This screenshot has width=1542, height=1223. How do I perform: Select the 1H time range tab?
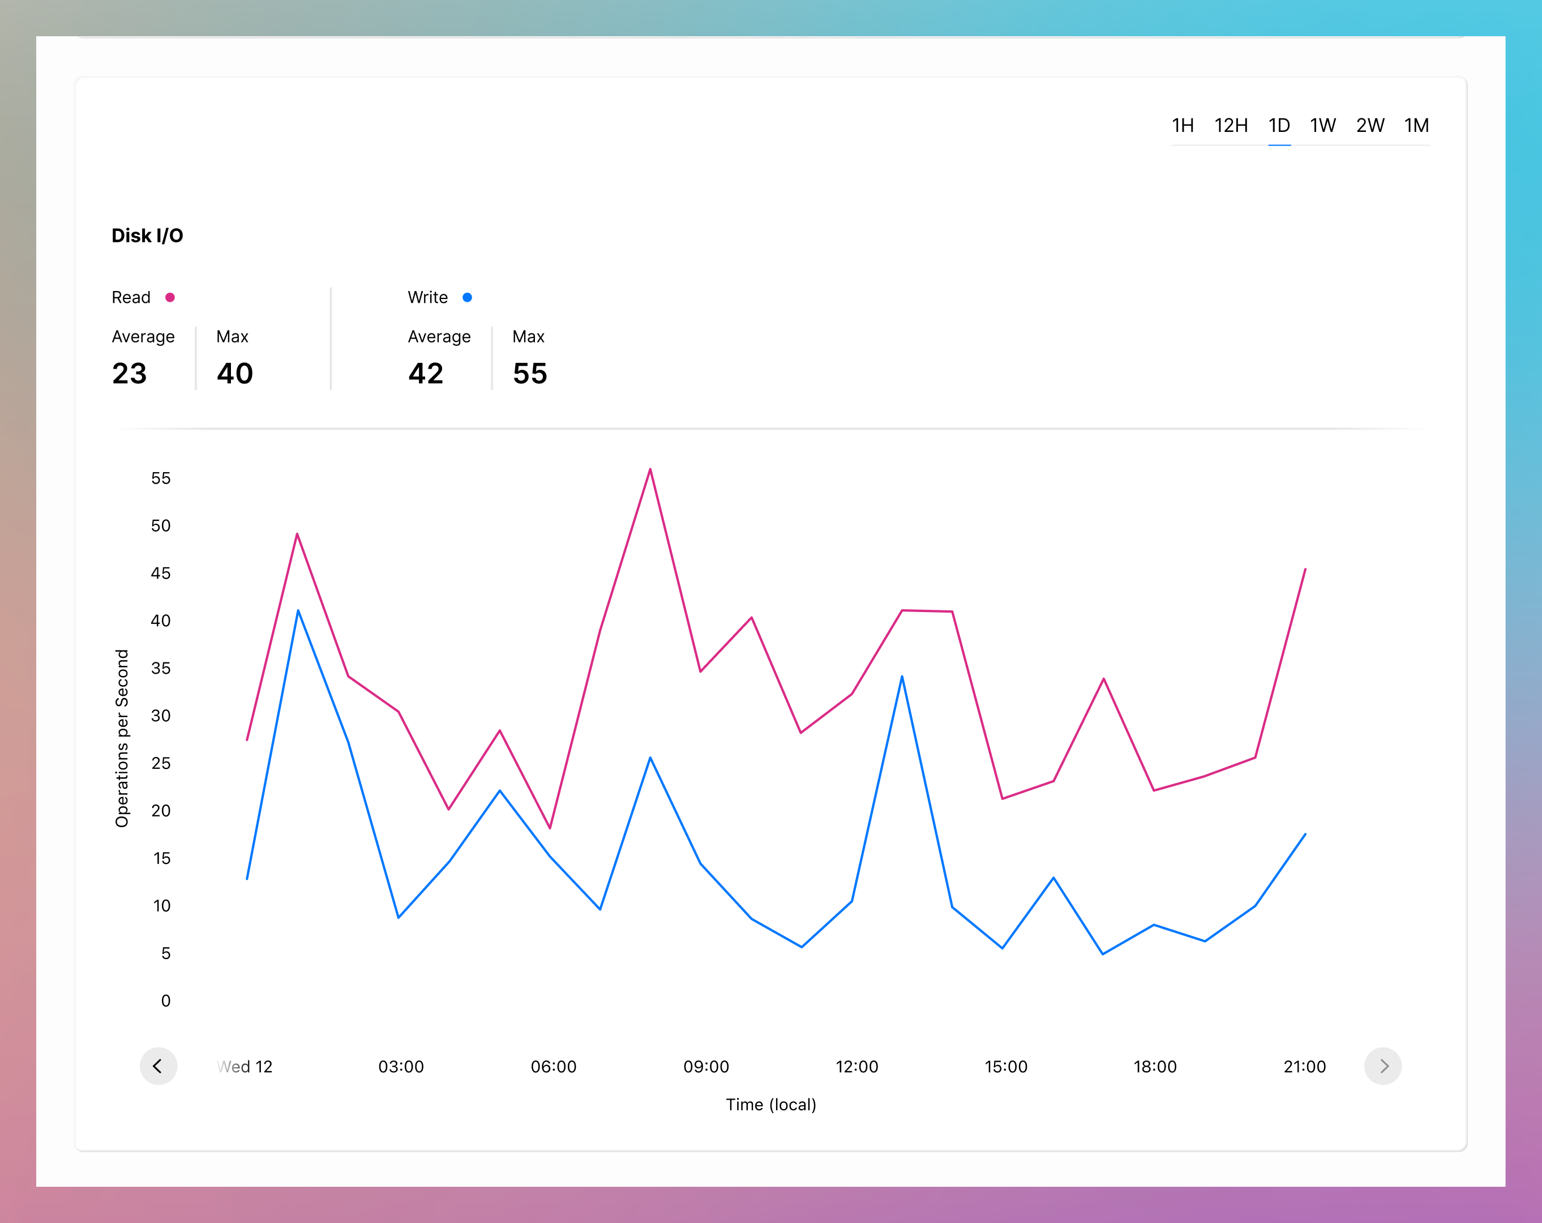(x=1182, y=126)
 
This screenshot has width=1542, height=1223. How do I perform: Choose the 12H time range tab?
(x=1231, y=126)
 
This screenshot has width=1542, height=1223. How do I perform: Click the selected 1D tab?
(x=1279, y=126)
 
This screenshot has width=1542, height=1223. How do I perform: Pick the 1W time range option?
(x=1322, y=126)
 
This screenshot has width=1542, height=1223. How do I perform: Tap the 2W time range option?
(x=1370, y=126)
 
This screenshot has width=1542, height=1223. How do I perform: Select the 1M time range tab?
(x=1416, y=126)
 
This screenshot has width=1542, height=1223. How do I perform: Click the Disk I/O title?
(x=147, y=236)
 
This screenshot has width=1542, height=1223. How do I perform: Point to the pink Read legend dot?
(x=170, y=297)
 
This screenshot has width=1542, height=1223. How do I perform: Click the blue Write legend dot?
(x=467, y=297)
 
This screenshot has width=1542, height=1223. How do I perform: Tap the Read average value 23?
(x=130, y=373)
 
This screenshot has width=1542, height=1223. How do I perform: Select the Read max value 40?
(x=234, y=373)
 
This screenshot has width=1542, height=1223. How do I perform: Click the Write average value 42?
(x=426, y=373)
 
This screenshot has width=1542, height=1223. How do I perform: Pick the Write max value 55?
(x=530, y=373)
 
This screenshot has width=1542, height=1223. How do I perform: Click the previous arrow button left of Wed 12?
(x=158, y=1066)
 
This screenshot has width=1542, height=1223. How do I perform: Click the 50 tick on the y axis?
(x=161, y=525)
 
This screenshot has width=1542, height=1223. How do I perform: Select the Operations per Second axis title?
(x=122, y=738)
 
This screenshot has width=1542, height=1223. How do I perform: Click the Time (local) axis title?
(x=771, y=1105)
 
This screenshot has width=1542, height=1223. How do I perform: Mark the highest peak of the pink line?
(x=650, y=470)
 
